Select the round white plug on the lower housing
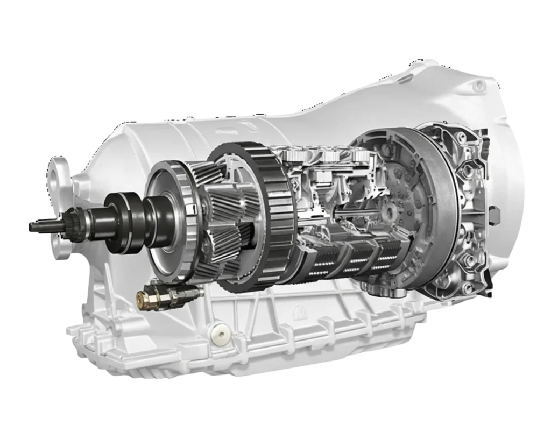(x=219, y=334)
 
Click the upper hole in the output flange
(x=58, y=166)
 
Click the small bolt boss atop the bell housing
(x=477, y=86)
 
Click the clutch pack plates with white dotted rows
(x=350, y=258)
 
